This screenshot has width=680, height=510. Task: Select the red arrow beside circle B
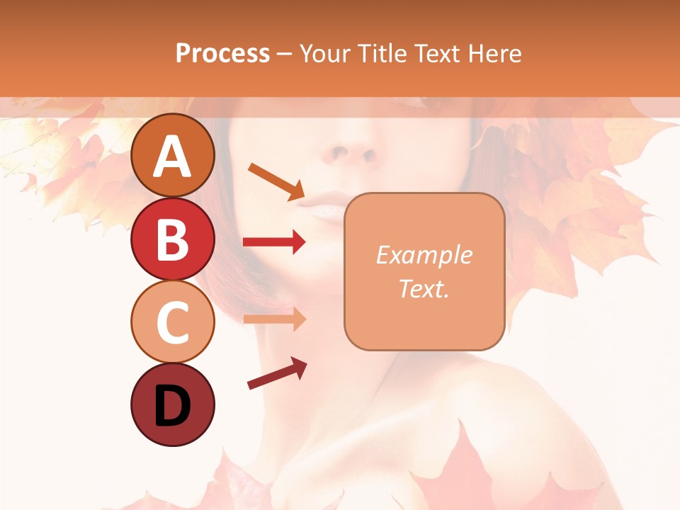[x=275, y=242]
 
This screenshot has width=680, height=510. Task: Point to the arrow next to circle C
[x=275, y=319]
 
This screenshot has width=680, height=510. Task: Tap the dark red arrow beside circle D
[x=277, y=373]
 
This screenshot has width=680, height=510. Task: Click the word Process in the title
[x=222, y=53]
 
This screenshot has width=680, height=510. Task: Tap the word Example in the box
[x=424, y=255]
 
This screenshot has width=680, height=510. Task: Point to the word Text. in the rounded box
[x=424, y=288]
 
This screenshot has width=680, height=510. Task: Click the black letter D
[x=173, y=407]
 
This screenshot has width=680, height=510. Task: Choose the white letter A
[x=173, y=157]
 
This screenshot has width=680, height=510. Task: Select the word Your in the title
[x=324, y=53]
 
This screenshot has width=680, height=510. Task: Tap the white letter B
[x=173, y=240]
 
